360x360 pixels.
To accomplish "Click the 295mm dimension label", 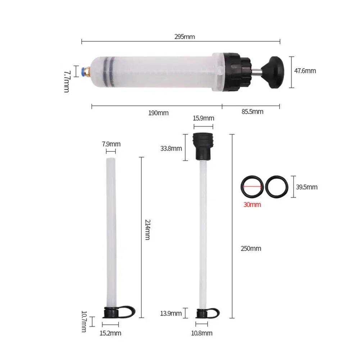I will tap(184, 36).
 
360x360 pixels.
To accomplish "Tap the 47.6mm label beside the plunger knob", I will tap(305, 71).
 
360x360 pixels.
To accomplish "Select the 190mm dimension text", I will tap(158, 113).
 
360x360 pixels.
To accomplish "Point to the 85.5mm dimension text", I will tap(252, 111).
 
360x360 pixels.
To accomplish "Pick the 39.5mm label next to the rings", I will tap(307, 187).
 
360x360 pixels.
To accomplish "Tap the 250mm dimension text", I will tap(251, 249).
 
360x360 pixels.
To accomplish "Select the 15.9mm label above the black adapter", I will tap(203, 118).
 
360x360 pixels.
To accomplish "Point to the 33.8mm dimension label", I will tap(171, 148).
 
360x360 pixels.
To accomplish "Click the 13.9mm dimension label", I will tap(171, 313).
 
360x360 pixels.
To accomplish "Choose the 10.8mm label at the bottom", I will tap(202, 333).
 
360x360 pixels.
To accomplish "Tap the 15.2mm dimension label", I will tap(110, 333).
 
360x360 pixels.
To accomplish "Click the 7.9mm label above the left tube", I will tap(111, 144).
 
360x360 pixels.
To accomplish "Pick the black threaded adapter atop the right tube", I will tap(203, 146).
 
